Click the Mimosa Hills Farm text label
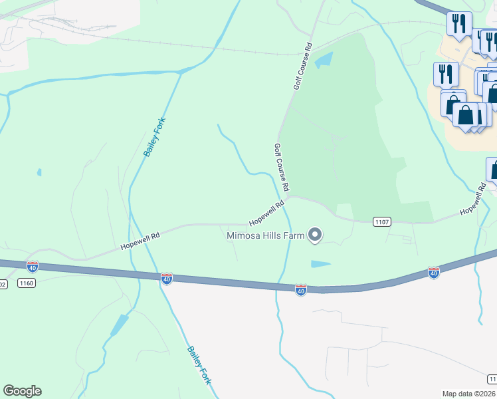click(x=265, y=235)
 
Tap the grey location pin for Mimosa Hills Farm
click(x=316, y=235)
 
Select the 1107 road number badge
click(x=381, y=221)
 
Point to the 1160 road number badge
click(x=27, y=283)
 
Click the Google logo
click(x=22, y=391)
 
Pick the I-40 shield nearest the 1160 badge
click(x=32, y=267)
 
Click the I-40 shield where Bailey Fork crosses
click(x=167, y=279)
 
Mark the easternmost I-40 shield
click(x=434, y=272)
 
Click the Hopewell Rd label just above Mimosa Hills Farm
click(x=266, y=213)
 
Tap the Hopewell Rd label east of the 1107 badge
click(x=473, y=202)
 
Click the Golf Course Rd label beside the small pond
click(x=303, y=66)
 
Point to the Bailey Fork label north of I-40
click(x=155, y=137)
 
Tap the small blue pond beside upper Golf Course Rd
click(x=324, y=61)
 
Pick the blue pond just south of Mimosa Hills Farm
click(x=321, y=264)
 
